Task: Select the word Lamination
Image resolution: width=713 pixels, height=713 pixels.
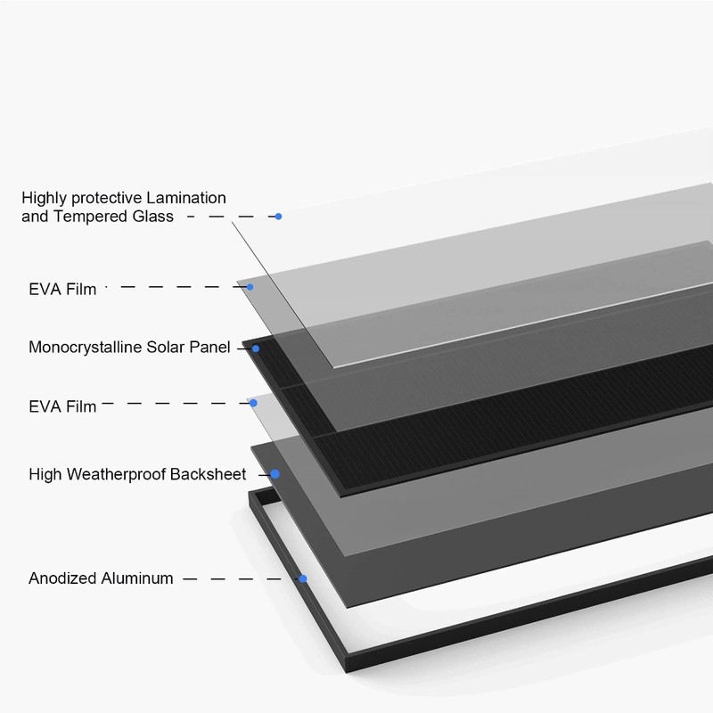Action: pos(185,198)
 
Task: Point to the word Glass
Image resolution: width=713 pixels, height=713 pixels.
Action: pos(154,217)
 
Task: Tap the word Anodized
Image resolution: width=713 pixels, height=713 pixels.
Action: pos(61,578)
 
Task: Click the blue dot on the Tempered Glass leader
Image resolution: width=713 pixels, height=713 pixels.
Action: pos(278,217)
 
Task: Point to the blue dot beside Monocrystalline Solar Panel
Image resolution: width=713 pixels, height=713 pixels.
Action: pos(256,348)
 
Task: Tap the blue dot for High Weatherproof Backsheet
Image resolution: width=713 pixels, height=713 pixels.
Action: pos(275,474)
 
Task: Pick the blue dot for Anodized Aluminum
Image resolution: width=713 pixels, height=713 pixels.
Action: pos(303,578)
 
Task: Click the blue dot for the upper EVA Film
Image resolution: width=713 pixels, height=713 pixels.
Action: pos(250,287)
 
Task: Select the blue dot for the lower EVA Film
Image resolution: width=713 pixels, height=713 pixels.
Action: pos(253,403)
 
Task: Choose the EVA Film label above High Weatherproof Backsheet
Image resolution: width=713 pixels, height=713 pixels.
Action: pos(62,406)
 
